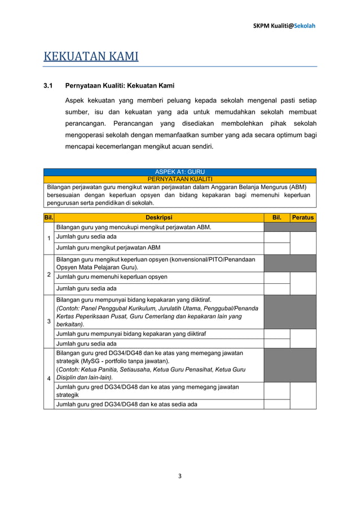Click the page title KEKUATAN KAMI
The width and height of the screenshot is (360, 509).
coord(91,57)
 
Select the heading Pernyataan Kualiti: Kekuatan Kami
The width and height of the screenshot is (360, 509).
coord(120,86)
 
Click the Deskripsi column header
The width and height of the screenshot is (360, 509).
coord(159,217)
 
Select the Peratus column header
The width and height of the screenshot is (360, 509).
coord(303,217)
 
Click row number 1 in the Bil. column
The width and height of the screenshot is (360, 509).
coord(49,238)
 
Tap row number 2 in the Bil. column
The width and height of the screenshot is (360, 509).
coord(49,275)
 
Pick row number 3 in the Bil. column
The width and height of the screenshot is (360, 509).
coord(49,321)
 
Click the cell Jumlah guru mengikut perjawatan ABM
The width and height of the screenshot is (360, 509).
coord(108,248)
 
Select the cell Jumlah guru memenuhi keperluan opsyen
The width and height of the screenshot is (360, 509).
coord(111,277)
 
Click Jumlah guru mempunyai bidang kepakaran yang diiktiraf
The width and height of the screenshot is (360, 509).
coord(130,334)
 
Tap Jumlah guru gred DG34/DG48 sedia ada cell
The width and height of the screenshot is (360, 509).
coord(126,404)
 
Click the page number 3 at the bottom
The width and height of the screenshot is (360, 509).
coord(180,476)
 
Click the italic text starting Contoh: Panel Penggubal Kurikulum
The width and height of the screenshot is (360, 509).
coord(157,308)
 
